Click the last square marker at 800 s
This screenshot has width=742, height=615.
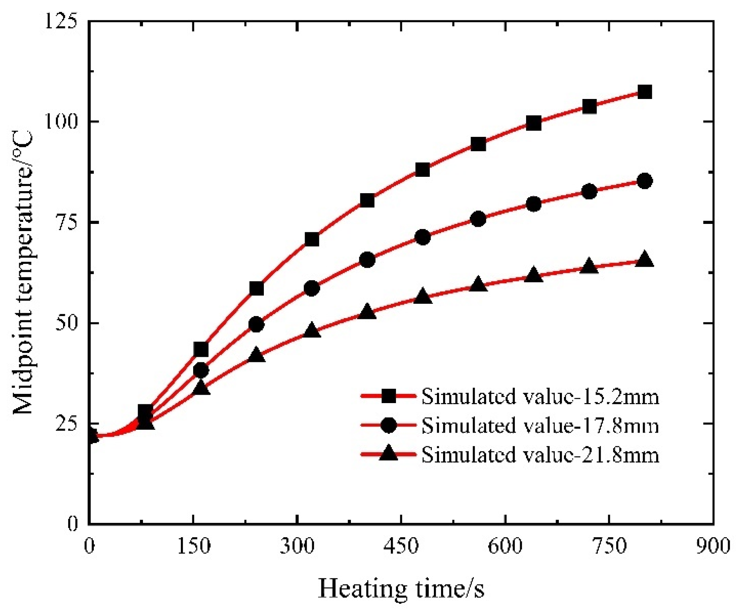(x=645, y=92)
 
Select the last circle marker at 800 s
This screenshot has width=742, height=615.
(x=645, y=181)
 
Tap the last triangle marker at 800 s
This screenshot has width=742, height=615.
(x=645, y=260)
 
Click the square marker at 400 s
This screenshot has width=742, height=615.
(x=367, y=200)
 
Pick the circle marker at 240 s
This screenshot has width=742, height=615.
(x=256, y=324)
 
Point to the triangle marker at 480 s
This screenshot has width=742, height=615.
(x=423, y=297)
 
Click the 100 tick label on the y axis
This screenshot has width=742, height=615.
(x=60, y=121)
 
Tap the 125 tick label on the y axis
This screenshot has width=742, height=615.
(x=60, y=21)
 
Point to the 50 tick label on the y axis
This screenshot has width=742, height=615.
(x=66, y=323)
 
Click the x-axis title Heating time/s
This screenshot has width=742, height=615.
(x=401, y=589)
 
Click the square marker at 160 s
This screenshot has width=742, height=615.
(x=201, y=350)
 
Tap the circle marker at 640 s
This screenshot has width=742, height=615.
(x=534, y=204)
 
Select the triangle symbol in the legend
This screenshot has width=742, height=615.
(x=388, y=454)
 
